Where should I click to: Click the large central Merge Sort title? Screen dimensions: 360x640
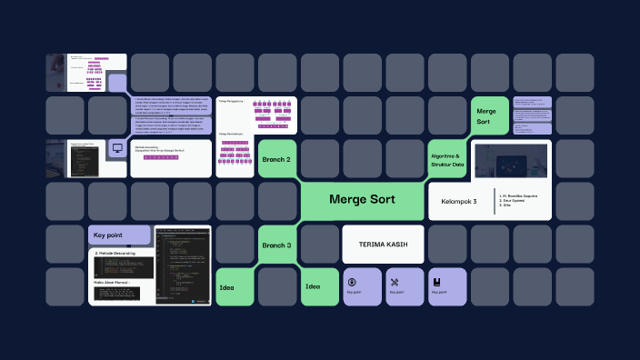[362, 199]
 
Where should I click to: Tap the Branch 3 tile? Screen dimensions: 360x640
[276, 245]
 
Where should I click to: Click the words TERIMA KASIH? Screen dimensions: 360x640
[383, 245]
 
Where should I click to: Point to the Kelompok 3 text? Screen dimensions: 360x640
[459, 201]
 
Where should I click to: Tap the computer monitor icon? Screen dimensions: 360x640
[116, 146]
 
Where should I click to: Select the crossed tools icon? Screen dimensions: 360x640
[394, 280]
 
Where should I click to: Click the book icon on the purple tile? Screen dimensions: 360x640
[436, 280]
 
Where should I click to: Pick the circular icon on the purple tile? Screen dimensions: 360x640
[351, 280]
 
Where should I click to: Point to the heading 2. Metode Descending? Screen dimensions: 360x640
[116, 253]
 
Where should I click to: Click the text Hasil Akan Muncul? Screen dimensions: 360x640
[113, 283]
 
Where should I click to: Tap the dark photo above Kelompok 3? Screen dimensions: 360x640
[511, 161]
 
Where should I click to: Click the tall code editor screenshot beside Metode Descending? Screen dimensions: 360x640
[182, 265]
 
